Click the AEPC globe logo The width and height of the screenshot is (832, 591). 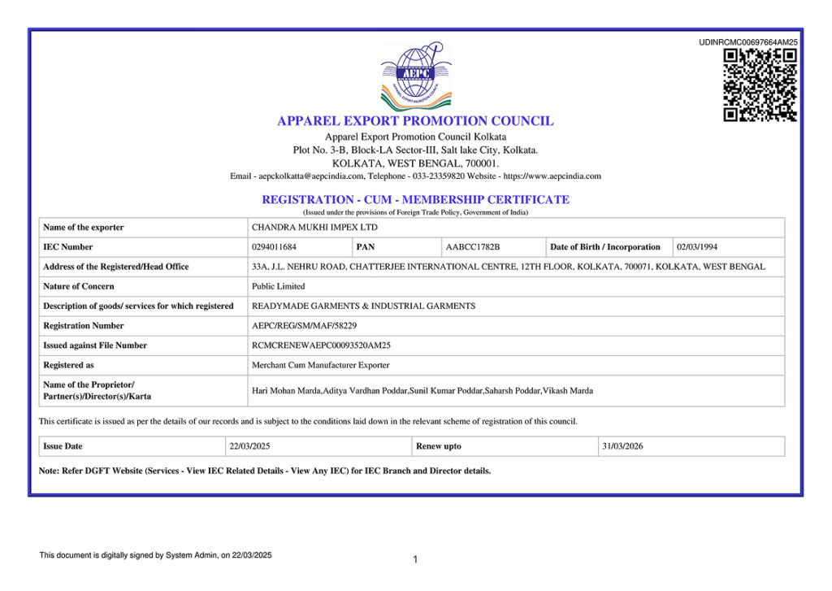(415, 76)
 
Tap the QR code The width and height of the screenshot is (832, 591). (760, 85)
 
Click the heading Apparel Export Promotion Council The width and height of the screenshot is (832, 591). (415, 121)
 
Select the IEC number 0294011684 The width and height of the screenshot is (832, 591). (275, 247)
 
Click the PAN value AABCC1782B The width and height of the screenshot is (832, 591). (473, 247)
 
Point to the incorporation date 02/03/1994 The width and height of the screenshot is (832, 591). (697, 247)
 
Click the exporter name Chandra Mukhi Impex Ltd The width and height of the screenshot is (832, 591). (314, 228)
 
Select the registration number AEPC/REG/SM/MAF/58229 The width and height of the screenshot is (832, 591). (304, 326)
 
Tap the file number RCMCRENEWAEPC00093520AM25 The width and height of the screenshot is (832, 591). (321, 345)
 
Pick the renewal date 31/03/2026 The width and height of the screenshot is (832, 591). (622, 446)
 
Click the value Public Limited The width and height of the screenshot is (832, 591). (279, 286)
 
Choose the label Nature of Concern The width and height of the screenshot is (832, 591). (79, 286)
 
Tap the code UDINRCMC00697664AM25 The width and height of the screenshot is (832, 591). (748, 42)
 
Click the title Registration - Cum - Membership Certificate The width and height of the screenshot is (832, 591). (415, 199)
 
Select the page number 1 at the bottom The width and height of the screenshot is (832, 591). (415, 559)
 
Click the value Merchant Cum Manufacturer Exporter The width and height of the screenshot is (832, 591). (320, 365)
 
